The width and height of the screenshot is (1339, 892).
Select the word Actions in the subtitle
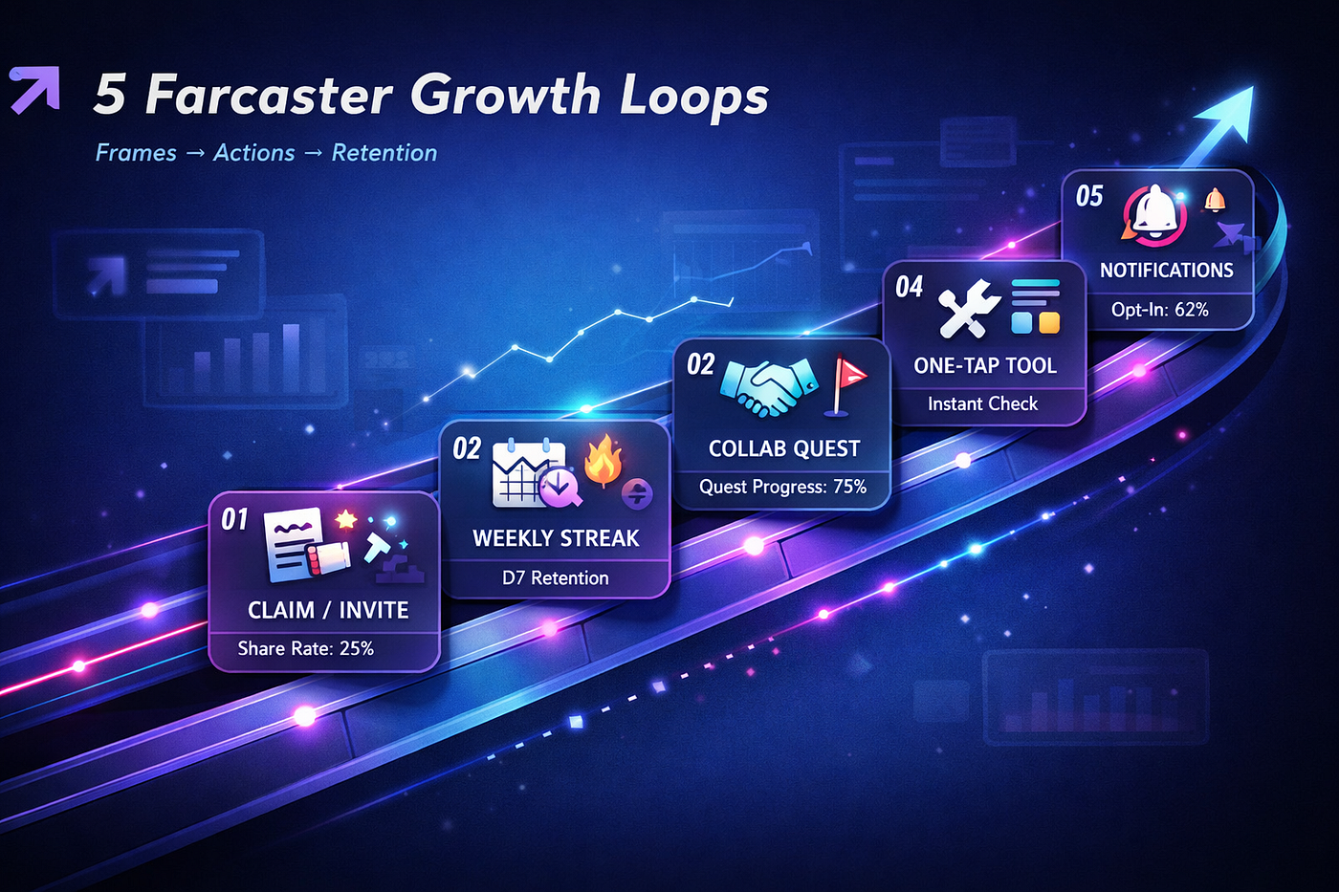254,153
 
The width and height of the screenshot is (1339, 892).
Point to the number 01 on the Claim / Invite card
234,520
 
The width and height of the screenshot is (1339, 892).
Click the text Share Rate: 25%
305,648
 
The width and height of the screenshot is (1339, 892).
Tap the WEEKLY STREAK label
556,538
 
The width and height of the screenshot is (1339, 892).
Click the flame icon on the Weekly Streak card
603,461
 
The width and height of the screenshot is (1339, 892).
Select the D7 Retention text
556,577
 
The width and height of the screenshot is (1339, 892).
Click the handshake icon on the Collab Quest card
769,385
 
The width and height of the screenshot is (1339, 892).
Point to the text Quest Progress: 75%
783,487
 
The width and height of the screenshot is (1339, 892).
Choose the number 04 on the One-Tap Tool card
910,288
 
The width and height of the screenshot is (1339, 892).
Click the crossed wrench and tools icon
968,309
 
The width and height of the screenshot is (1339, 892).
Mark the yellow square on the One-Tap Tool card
1050,322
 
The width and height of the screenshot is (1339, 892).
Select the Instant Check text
983,403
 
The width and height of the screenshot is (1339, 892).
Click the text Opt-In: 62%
1159,310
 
